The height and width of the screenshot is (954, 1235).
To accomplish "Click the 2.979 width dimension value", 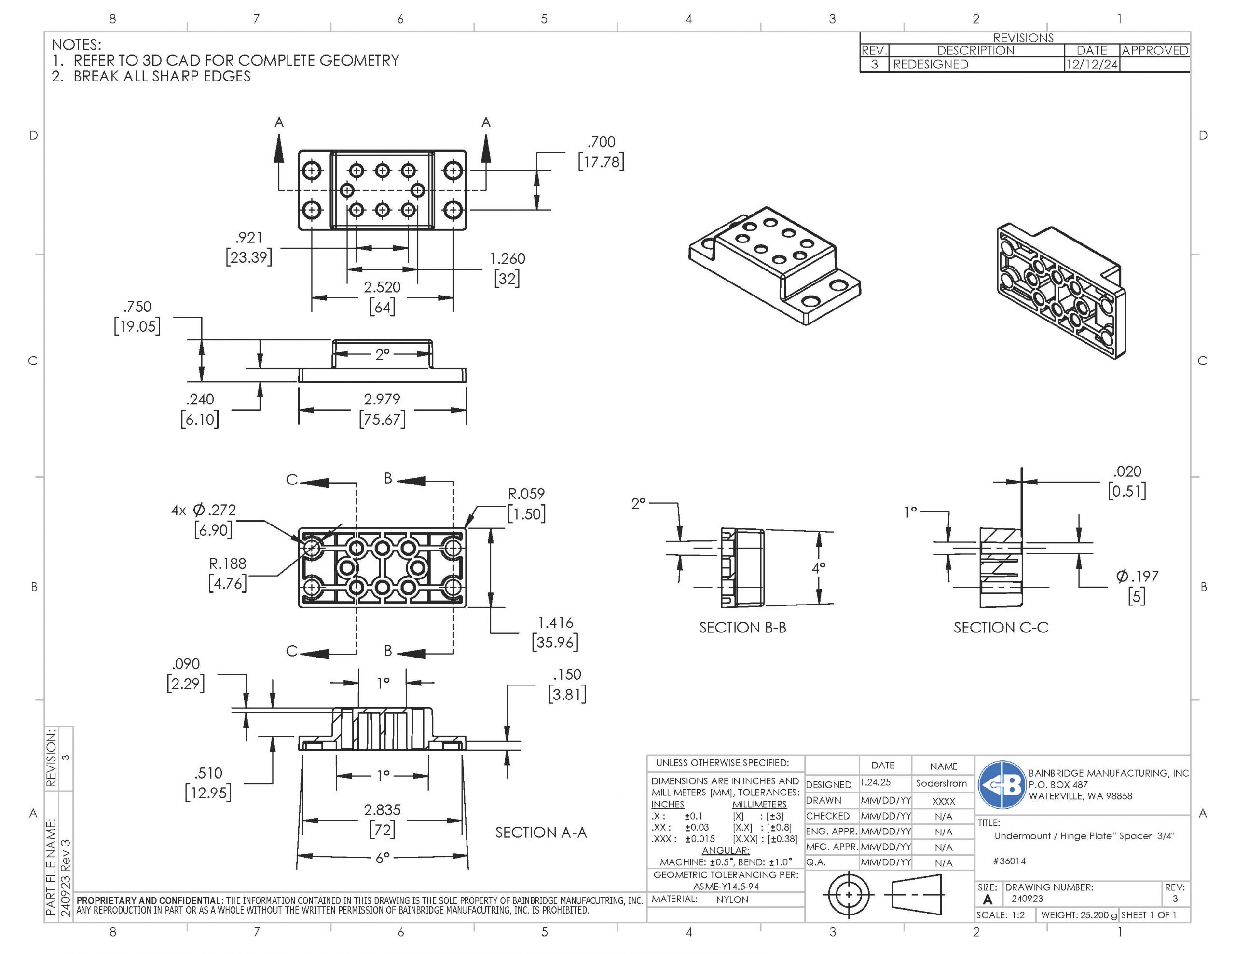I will (382, 400).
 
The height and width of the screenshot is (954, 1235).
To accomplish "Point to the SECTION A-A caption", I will (541, 833).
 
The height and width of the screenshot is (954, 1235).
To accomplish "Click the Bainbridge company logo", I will (1002, 784).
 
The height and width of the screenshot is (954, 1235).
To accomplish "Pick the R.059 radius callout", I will (526, 495).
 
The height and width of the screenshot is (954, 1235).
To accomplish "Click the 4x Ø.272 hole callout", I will (204, 511).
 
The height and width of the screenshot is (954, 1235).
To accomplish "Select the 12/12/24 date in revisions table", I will (1091, 65).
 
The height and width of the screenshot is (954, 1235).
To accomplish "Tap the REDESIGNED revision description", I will (931, 65).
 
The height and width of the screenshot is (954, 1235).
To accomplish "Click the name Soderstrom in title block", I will (942, 783).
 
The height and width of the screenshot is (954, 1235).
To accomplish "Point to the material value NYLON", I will (732, 899).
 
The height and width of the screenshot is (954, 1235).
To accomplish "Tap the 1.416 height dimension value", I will (555, 623).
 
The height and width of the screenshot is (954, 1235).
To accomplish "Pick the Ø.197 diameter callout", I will (1137, 577).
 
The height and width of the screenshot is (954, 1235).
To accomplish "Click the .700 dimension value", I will (601, 142).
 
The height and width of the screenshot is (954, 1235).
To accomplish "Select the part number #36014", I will (1009, 861).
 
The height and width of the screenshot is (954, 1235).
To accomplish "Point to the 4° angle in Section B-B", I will (818, 567).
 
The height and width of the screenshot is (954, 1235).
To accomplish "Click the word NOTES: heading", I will (76, 45).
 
